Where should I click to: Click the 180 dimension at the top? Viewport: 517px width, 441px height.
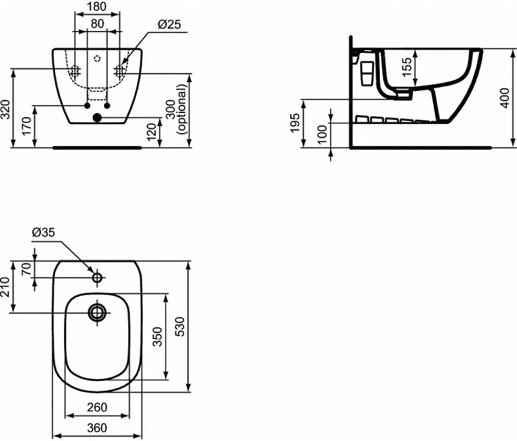[x=97, y=8]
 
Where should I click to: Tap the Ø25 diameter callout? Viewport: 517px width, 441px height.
[x=169, y=25]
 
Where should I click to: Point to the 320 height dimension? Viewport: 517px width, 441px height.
[x=6, y=112]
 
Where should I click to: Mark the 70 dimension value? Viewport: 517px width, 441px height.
[x=26, y=269]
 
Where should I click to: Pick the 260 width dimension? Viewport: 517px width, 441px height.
[x=97, y=408]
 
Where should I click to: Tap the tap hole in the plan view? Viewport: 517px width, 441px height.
[x=98, y=278]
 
